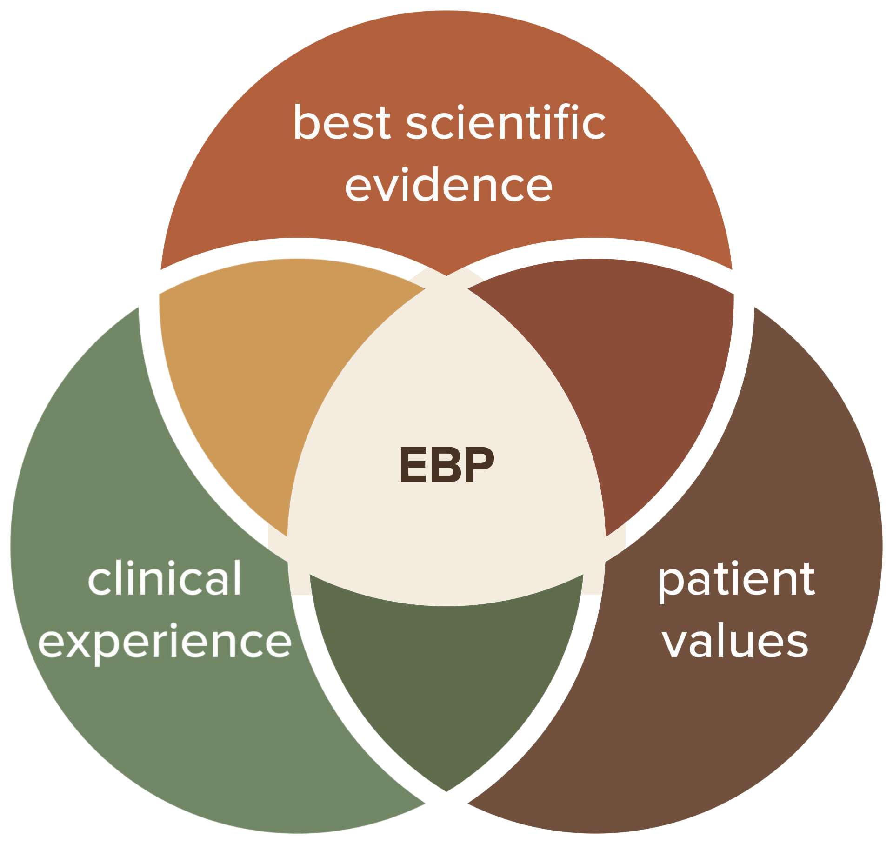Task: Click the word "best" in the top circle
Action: [x=342, y=122]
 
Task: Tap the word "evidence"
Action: [x=448, y=185]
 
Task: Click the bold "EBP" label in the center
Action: [x=446, y=464]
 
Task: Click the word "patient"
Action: [x=736, y=581]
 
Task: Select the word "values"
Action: [x=736, y=641]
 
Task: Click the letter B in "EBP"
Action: [x=447, y=464]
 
